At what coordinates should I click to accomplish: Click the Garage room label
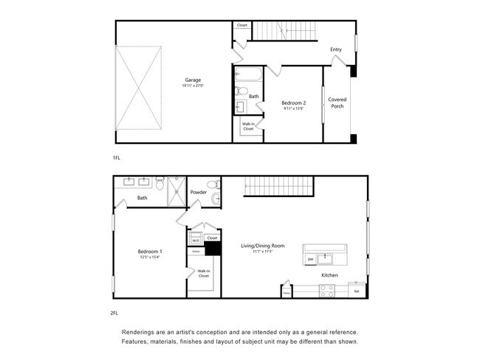(x=193, y=80)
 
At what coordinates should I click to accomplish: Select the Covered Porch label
(x=337, y=103)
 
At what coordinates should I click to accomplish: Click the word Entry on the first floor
(x=336, y=49)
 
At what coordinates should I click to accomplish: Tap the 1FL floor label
(x=116, y=159)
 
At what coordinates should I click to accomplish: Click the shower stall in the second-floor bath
(x=177, y=192)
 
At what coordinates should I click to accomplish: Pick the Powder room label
(x=198, y=192)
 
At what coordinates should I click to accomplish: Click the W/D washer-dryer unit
(x=196, y=240)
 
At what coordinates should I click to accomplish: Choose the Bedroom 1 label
(x=150, y=252)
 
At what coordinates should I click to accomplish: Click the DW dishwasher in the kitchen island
(x=311, y=260)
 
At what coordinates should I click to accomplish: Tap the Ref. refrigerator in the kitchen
(x=357, y=291)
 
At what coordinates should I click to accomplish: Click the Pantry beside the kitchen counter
(x=286, y=292)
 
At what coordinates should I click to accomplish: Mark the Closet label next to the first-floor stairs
(x=242, y=26)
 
